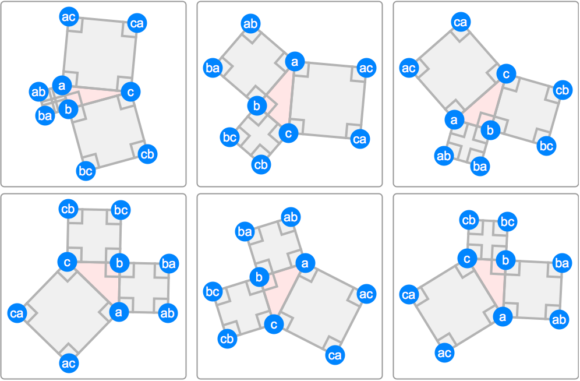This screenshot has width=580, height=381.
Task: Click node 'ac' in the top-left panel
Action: point(69,17)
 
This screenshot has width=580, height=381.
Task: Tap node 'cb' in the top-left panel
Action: point(147,154)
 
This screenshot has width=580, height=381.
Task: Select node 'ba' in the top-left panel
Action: point(45,116)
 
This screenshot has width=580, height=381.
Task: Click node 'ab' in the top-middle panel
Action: point(251,24)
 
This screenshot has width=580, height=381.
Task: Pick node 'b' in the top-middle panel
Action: point(257,106)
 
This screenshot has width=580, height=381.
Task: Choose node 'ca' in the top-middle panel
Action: point(360,139)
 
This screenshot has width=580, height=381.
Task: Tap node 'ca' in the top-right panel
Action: point(460,22)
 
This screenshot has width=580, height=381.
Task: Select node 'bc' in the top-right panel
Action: point(546,146)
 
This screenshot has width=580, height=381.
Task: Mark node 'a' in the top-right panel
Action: point(454,120)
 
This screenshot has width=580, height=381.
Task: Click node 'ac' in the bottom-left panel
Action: point(69,364)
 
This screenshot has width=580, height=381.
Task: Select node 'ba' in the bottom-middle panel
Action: point(245,232)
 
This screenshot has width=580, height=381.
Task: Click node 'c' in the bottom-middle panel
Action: point(274,324)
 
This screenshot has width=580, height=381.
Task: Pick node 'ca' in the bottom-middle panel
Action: point(335,355)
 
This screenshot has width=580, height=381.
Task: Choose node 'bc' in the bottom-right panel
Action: point(508,222)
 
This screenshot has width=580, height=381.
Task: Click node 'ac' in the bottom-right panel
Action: point(444,353)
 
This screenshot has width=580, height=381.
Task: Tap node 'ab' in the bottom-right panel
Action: point(559,319)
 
